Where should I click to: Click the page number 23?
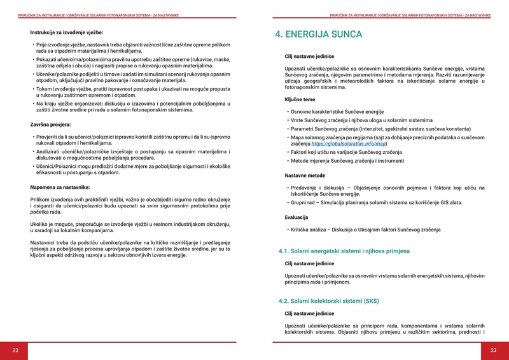[493, 350]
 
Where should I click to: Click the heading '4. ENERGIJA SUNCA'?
[318, 34]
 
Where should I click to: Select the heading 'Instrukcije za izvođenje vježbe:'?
[67, 32]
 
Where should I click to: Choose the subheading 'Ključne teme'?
[300, 100]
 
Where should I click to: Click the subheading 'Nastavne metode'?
[305, 175]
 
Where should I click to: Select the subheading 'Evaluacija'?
[296, 218]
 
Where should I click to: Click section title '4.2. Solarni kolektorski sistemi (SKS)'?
[329, 301]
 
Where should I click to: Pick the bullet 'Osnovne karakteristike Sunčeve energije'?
[337, 111]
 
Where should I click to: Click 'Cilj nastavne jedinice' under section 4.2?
[309, 314]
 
